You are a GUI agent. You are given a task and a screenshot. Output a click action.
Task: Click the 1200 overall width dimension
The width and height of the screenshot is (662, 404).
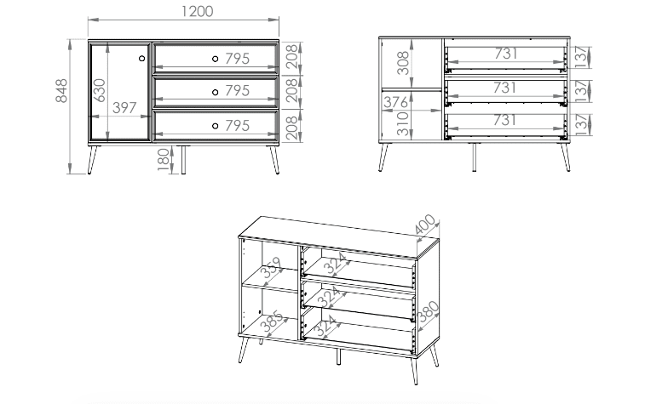197,11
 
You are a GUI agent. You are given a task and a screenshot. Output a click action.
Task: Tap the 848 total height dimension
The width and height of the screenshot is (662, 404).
61,90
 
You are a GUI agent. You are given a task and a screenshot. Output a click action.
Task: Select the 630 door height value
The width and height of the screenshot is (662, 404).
100,90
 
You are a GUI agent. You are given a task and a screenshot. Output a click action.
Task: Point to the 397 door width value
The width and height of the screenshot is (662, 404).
124,108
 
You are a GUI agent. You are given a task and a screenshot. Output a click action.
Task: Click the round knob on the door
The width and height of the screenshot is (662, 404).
141,58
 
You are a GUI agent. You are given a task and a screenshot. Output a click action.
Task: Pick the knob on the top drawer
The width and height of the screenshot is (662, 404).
215,59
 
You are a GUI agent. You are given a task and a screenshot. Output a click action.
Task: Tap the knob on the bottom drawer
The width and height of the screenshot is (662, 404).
215,126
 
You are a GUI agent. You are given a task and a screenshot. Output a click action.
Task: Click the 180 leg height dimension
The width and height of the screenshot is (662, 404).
164,159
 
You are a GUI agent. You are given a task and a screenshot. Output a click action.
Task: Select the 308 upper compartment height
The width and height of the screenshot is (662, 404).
403,63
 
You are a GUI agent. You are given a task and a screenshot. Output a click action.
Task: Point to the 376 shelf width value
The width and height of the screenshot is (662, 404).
396,102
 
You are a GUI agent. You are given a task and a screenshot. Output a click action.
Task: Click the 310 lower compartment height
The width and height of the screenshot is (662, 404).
403,123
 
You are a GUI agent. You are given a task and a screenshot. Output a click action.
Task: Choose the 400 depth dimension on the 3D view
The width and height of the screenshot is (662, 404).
425,225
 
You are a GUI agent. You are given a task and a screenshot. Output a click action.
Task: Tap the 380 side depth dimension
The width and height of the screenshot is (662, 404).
428,311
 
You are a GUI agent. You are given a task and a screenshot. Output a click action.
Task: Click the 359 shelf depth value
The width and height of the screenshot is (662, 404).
272,268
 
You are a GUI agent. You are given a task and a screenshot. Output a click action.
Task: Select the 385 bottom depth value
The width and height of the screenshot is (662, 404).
271,321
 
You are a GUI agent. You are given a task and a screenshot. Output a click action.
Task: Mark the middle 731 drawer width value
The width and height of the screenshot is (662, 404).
505,88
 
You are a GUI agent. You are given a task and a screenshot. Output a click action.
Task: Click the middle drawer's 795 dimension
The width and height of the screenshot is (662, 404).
237,90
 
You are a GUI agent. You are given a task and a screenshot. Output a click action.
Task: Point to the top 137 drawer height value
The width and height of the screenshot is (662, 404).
581,57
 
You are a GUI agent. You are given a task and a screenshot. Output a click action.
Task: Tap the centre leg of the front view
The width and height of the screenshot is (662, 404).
183,160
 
